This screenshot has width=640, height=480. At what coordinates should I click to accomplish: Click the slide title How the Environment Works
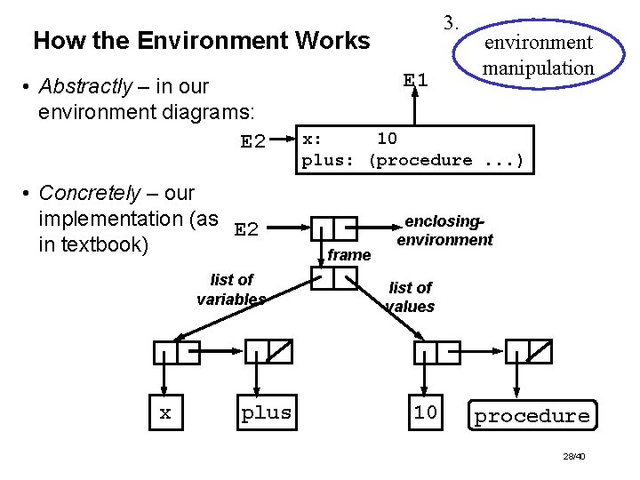[x=201, y=41]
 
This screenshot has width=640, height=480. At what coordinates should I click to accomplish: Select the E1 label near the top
[x=415, y=80]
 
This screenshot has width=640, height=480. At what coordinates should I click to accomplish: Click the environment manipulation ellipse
[x=537, y=54]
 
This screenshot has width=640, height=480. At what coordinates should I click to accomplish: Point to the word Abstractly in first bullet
[x=84, y=87]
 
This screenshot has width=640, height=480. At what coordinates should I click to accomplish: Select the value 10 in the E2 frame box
[x=387, y=139]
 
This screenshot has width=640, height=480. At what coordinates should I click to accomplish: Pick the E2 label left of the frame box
[x=252, y=142]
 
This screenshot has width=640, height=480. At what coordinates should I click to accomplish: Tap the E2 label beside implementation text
[x=246, y=230]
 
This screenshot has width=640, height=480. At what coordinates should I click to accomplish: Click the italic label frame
[x=348, y=255]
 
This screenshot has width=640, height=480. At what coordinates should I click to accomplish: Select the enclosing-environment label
[x=444, y=230]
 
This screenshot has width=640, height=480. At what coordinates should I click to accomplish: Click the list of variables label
[x=231, y=289]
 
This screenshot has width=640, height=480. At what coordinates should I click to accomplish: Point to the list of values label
[x=410, y=297]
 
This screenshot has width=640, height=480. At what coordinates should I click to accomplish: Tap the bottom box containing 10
[x=425, y=413]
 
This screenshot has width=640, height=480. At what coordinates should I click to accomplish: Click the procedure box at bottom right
[x=532, y=416]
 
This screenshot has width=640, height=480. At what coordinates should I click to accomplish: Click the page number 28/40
[x=573, y=456]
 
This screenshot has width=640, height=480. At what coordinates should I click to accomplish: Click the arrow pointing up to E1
[x=415, y=107]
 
